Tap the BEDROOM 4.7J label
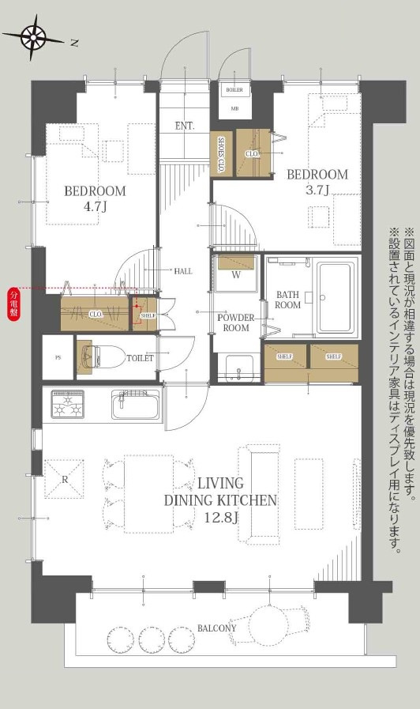pos(95,199)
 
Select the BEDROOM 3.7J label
pos(317,182)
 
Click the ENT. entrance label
pos(185,126)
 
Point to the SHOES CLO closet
pos(222,153)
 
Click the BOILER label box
pos(235,90)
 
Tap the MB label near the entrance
pos(235,107)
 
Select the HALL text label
pos(183,271)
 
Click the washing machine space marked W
pos(235,273)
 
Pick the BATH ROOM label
pos(287,300)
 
